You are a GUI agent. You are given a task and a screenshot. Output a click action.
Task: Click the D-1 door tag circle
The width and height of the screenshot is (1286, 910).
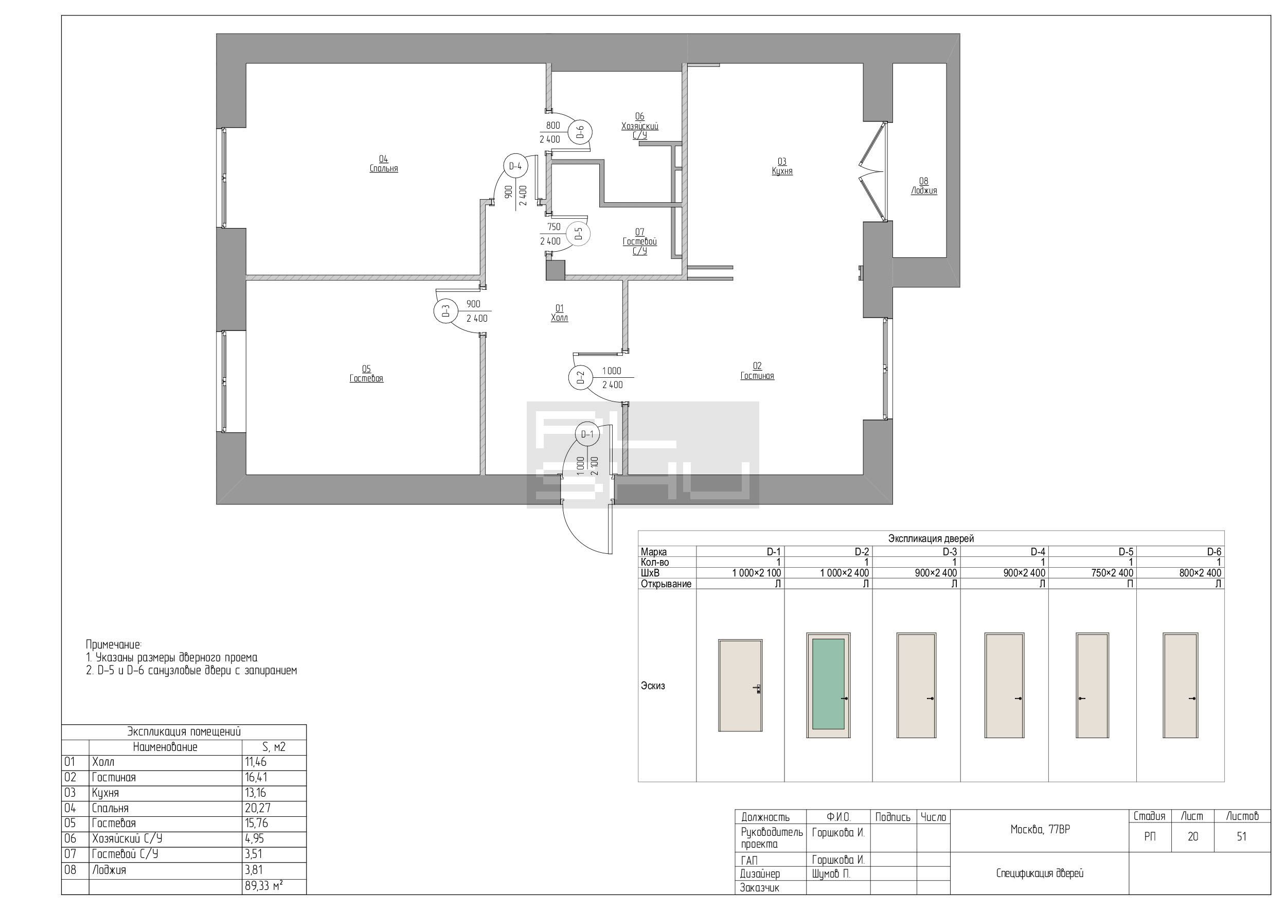click(x=587, y=434)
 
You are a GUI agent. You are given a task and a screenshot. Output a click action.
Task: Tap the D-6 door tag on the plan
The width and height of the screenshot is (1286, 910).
click(x=580, y=132)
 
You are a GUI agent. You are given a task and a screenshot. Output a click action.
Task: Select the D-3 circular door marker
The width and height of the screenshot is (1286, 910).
click(x=445, y=311)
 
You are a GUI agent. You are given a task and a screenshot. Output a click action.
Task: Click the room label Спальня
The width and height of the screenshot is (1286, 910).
click(x=384, y=169)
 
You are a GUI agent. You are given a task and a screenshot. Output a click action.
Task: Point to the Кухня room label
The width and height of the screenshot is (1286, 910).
click(x=782, y=171)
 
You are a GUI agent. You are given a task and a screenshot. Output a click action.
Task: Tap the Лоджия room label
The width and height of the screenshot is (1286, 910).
click(x=924, y=190)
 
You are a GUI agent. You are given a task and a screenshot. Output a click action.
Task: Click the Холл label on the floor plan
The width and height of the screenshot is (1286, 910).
click(x=559, y=318)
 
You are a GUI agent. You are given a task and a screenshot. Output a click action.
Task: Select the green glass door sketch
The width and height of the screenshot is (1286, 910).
click(x=828, y=685)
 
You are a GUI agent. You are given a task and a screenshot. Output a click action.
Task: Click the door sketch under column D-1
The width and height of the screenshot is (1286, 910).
click(x=740, y=685)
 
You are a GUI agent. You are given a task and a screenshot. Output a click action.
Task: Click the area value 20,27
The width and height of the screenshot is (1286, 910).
click(x=256, y=808)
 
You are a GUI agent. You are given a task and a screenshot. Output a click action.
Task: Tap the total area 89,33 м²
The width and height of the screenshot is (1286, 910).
click(x=264, y=886)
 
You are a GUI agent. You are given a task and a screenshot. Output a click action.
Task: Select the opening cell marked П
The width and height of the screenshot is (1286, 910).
click(x=1130, y=583)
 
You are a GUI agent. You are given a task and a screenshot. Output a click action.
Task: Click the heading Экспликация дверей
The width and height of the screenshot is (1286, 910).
click(x=931, y=538)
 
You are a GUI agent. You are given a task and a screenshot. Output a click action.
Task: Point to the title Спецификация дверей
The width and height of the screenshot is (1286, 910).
click(x=1040, y=873)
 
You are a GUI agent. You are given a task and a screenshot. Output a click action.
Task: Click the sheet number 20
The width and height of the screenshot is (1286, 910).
click(x=1192, y=836)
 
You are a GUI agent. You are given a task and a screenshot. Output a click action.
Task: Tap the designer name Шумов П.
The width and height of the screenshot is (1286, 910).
click(x=831, y=873)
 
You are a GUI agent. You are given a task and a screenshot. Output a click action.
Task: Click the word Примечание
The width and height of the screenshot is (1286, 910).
click(x=114, y=644)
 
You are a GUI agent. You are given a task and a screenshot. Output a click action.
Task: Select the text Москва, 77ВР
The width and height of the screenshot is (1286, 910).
click(x=1040, y=829)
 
